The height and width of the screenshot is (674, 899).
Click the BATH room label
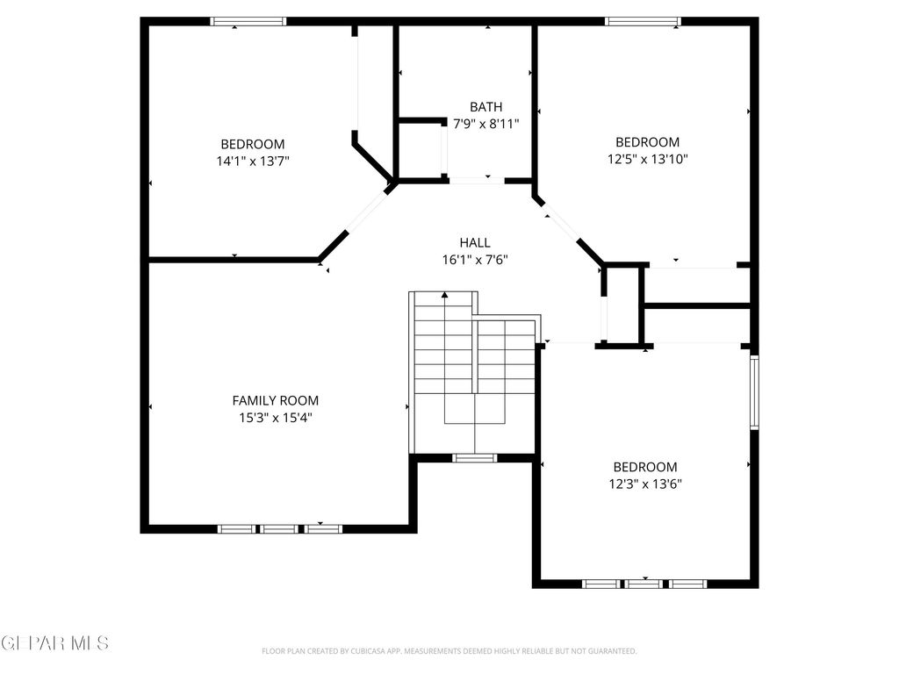point(486,107)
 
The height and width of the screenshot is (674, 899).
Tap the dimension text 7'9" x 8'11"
point(486,124)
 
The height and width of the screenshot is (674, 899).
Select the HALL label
point(475,242)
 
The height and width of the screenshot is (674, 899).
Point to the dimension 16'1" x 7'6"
point(475,260)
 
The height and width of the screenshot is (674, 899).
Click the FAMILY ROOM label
point(276,400)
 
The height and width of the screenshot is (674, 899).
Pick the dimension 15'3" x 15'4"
point(276,418)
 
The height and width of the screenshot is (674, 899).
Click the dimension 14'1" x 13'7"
point(253,161)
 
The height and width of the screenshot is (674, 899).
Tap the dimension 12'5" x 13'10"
point(648,159)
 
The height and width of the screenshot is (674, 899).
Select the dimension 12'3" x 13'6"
point(645,484)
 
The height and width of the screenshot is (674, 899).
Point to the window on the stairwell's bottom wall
point(475,457)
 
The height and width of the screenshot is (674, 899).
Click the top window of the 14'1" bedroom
point(248,21)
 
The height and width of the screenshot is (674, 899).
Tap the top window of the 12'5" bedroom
point(643,21)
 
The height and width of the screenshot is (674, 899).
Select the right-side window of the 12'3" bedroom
point(753,391)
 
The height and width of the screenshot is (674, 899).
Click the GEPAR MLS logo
point(54,643)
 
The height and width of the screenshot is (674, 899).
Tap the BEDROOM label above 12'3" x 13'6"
point(645,467)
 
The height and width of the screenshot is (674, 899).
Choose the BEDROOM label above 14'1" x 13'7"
point(253,144)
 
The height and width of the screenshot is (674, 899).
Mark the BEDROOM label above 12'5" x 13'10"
point(648,142)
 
